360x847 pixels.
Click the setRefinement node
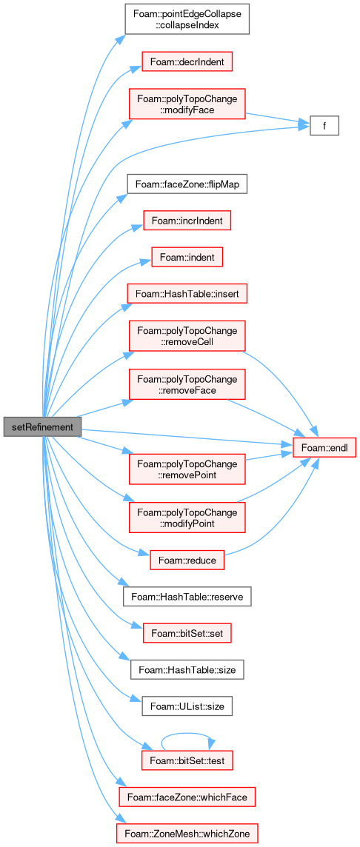42,427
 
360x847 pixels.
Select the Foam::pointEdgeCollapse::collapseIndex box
187,19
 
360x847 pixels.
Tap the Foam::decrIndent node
187,62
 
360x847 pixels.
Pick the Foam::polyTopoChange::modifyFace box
187,104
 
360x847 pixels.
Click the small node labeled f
324,126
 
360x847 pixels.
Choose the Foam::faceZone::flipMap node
187,185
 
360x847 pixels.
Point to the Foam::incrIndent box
187,221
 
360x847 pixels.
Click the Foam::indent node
187,258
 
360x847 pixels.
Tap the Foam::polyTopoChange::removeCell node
187,336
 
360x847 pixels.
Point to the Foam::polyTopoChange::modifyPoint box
187,518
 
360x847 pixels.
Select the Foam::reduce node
187,560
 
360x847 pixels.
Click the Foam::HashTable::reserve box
187,598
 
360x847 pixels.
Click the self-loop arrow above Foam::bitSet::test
187,734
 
